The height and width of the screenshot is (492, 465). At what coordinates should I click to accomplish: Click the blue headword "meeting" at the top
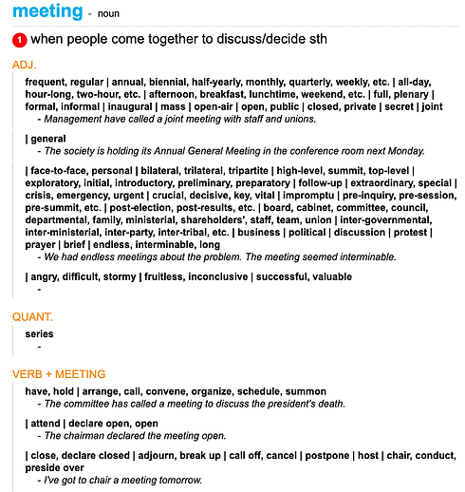pyautogui.click(x=47, y=11)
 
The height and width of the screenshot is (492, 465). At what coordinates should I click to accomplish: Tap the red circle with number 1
pyautogui.click(x=19, y=41)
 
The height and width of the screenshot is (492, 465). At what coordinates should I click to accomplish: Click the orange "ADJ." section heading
pyautogui.click(x=26, y=65)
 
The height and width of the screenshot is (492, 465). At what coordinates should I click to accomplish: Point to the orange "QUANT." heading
pyautogui.click(x=32, y=315)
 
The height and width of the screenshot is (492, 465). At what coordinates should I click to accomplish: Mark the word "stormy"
pyautogui.click(x=132, y=277)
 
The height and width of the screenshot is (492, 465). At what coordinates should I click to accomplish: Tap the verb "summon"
pyautogui.click(x=307, y=391)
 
